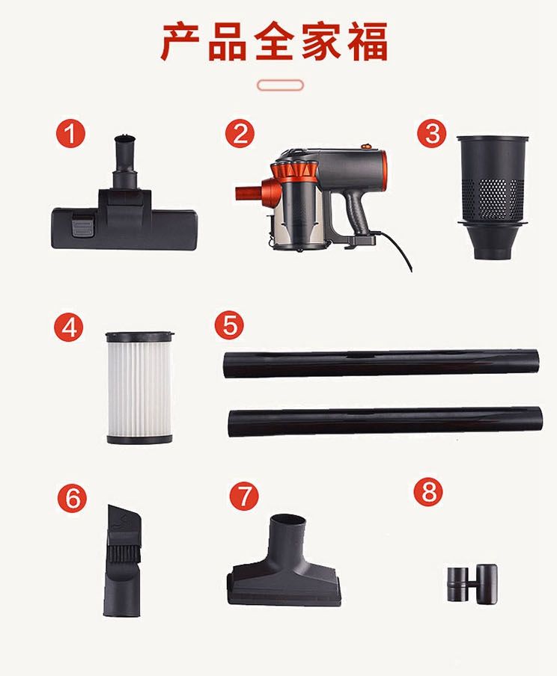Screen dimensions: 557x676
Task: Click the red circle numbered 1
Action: (70, 133)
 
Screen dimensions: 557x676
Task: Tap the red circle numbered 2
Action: (240, 133)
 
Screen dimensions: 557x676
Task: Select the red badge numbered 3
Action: (431, 133)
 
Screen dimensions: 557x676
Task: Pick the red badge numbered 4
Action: (69, 328)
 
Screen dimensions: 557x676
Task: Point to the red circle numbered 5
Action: (229, 325)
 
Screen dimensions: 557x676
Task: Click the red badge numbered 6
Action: (72, 498)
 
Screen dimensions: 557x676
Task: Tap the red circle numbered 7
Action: (243, 496)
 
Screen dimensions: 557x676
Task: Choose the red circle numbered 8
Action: (428, 492)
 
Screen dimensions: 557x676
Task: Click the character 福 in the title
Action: (368, 41)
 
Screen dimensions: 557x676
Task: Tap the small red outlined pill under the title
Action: (280, 85)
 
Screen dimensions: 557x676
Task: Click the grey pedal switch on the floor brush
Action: (82, 224)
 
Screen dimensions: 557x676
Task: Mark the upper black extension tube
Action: (381, 364)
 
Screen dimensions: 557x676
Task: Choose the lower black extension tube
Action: (385, 421)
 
